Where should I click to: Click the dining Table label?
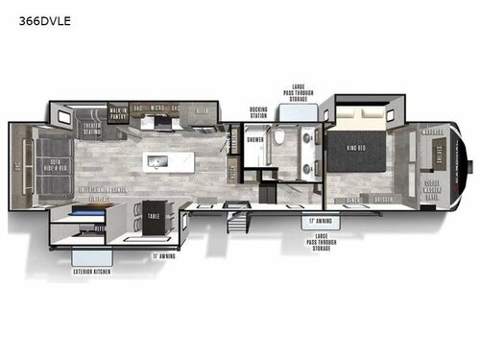click(154, 216)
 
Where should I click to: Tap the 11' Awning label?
click(163, 256)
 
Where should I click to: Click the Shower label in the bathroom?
click(255, 138)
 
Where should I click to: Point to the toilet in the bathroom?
click(279, 137)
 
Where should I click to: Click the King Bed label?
click(355, 147)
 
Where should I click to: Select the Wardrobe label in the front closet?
click(430, 132)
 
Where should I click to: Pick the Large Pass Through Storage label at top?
click(295, 92)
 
